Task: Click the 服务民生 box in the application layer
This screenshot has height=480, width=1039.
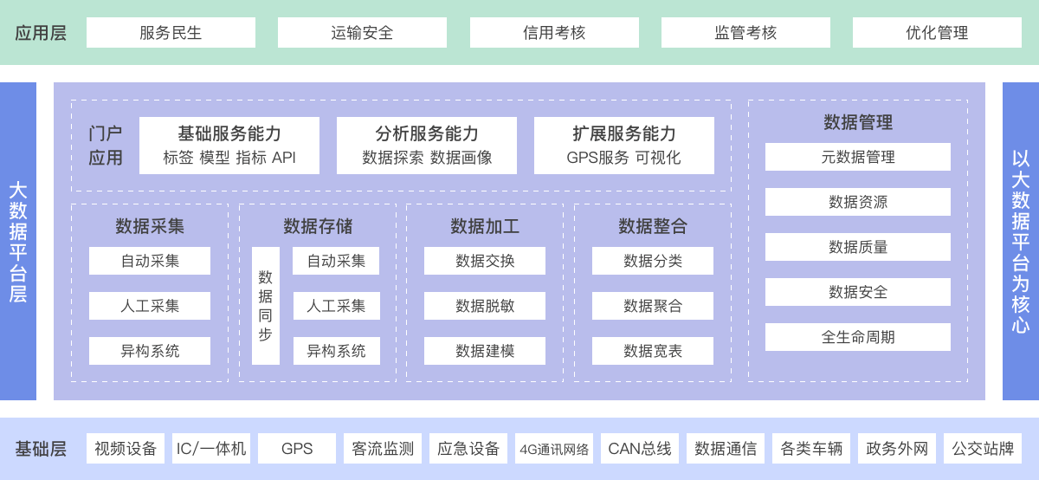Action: point(171,33)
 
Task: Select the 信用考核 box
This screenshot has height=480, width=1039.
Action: point(554,33)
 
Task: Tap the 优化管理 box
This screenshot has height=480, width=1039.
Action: point(937,33)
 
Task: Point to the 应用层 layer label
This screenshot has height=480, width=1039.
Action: point(41,33)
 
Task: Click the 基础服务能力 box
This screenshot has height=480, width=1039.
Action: point(229,146)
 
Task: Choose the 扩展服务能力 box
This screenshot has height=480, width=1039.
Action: point(624,146)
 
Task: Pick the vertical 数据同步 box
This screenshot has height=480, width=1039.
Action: point(266,306)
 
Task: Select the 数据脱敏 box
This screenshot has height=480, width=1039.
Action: point(485,306)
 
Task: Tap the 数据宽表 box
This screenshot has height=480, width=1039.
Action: point(653,351)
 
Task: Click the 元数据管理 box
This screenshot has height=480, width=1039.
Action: point(858,157)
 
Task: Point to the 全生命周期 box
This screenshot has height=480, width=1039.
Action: point(858,337)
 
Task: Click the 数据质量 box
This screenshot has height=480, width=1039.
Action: point(858,247)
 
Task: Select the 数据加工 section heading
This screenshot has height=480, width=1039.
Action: point(485,226)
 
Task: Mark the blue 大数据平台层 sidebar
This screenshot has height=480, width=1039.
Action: point(18,242)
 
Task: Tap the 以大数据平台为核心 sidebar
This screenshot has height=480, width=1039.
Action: point(1021,242)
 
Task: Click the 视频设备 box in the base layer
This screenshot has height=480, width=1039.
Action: point(126,449)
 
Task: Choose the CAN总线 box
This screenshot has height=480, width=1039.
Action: point(640,449)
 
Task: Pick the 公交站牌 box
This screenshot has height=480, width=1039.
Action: point(983,449)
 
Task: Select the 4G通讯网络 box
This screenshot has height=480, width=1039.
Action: point(554,449)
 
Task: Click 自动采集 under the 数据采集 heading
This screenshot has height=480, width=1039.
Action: point(150,261)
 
